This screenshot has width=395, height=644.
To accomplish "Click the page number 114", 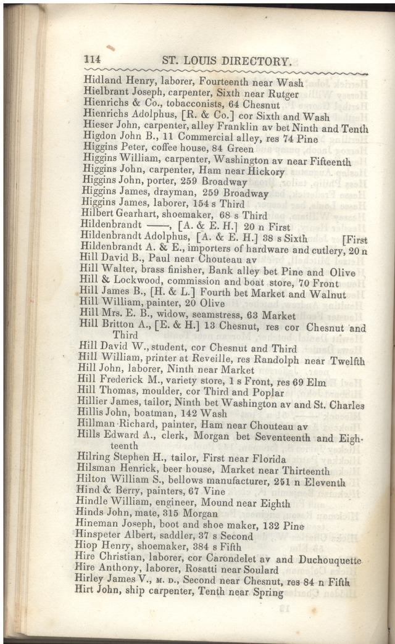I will (92, 60).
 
